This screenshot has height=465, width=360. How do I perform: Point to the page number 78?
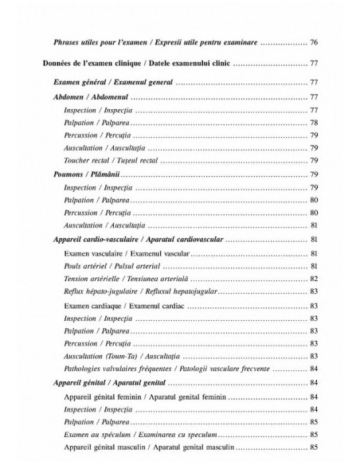tap(314, 123)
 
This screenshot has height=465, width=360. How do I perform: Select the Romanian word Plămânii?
tap(111, 174)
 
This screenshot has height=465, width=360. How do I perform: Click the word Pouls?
tap(74, 265)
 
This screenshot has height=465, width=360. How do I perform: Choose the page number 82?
tap(314, 278)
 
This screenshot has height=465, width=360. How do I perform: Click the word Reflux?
tap(75, 291)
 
